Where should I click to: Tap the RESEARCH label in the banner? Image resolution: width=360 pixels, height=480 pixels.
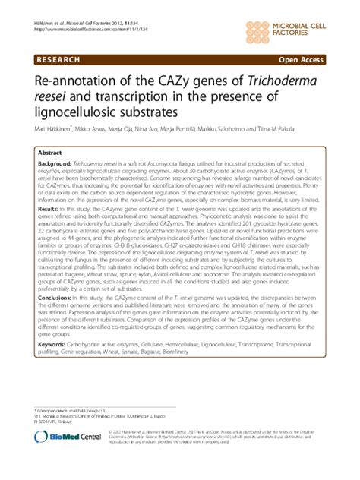58,58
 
